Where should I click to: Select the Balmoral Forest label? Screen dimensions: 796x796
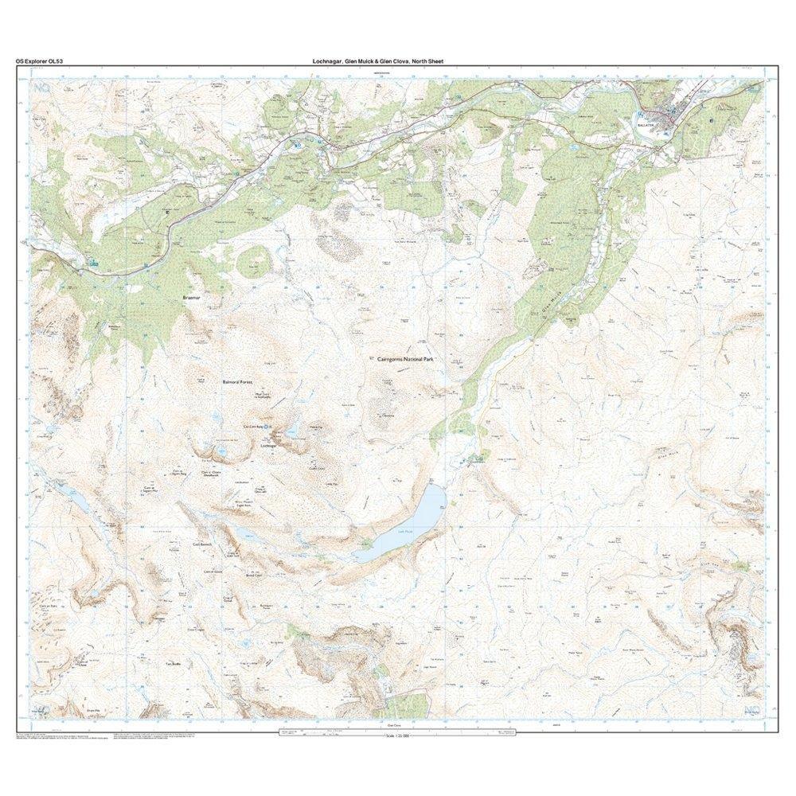click(x=236, y=381)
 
